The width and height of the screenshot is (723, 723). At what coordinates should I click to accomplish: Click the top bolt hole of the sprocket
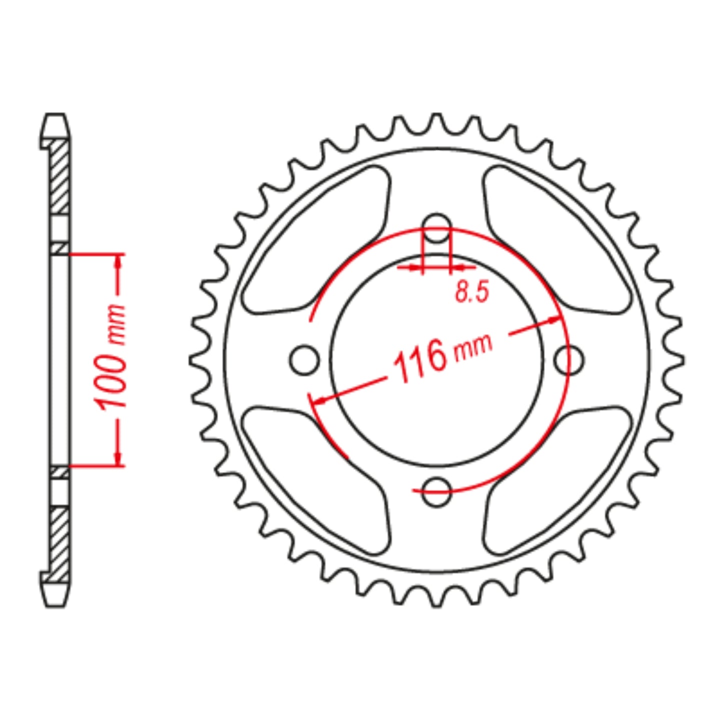[x=437, y=228]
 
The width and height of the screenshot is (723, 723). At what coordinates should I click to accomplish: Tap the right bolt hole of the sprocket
[x=569, y=359]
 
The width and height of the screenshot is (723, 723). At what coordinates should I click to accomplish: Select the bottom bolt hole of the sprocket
[x=437, y=491]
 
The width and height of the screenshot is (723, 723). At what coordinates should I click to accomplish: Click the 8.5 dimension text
[x=471, y=292]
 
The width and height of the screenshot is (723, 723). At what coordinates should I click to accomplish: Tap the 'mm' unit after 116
[x=473, y=347]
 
